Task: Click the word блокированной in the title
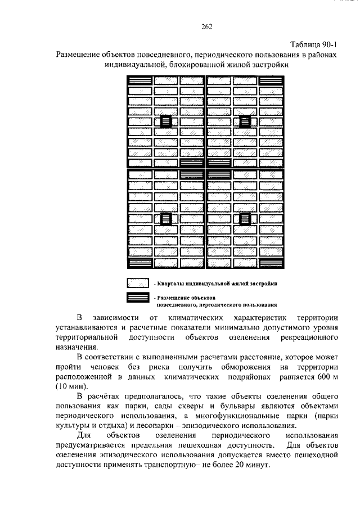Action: click(192, 65)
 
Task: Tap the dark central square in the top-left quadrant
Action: click(166, 121)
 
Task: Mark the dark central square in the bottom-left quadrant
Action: click(166, 219)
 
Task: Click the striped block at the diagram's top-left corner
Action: click(139, 80)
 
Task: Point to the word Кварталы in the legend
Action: click(172, 283)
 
